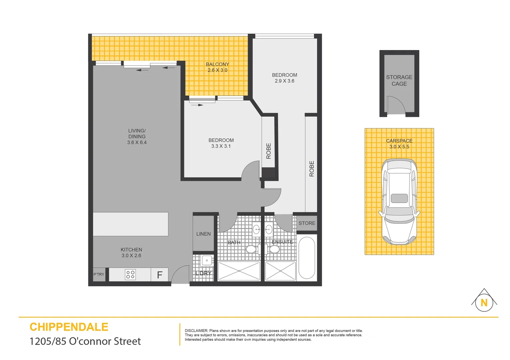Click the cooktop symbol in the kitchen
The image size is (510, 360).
(x=130, y=275)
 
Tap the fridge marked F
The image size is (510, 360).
(x=159, y=275)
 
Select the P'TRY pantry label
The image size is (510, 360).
(x=99, y=275)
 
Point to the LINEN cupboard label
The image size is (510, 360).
(x=203, y=234)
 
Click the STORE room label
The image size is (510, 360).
(x=307, y=223)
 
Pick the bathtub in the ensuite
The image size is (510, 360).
(x=307, y=258)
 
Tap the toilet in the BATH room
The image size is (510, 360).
(x=251, y=249)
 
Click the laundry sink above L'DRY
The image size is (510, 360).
(x=207, y=260)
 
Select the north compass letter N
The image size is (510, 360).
(x=484, y=303)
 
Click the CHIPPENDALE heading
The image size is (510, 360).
(x=69, y=327)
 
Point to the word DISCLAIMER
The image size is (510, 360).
(x=196, y=331)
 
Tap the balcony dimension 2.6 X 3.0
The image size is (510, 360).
(x=217, y=70)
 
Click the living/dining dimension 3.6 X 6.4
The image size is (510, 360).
(x=137, y=142)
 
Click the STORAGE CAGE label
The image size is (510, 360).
(x=399, y=80)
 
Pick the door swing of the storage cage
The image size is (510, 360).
(x=396, y=105)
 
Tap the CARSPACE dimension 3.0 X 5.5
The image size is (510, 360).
(x=399, y=147)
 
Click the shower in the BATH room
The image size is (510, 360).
(x=239, y=271)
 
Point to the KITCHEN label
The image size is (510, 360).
(x=131, y=250)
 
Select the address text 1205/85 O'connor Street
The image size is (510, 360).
(x=85, y=341)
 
